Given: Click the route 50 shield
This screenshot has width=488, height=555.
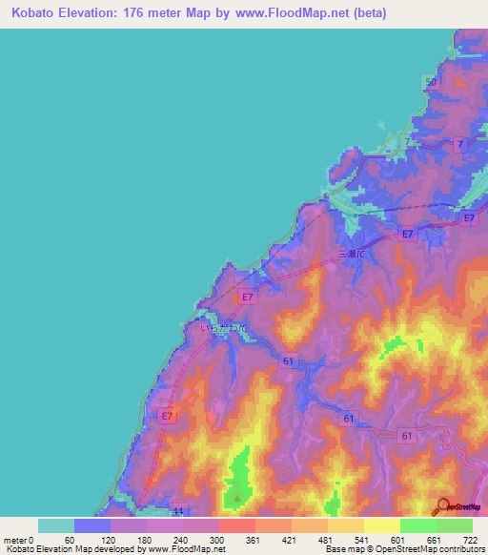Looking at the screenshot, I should tap(431, 83).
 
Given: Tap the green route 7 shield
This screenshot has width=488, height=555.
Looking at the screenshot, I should tap(408, 142).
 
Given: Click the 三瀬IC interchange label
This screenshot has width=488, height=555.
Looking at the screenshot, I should tap(354, 255).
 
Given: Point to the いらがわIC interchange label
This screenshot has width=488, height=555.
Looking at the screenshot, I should tap(223, 328).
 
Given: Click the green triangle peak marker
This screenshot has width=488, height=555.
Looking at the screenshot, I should tap(237, 497).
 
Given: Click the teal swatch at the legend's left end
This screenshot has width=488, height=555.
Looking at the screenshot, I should tap(56, 525).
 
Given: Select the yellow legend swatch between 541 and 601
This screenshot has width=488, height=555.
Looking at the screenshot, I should tap(381, 525).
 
